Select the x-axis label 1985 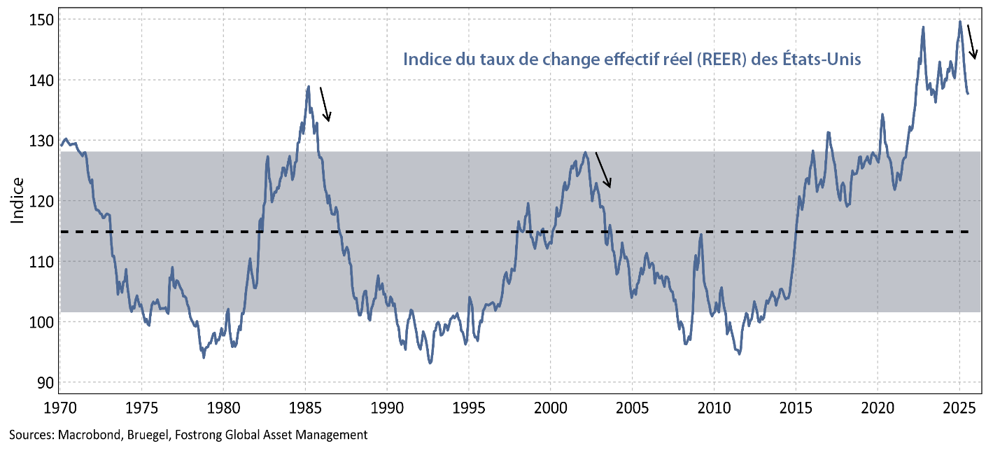(x=305, y=407)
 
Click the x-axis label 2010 (x=714, y=407)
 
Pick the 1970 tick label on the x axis (x=59, y=407)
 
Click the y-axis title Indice (x=17, y=201)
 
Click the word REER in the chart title (x=710, y=60)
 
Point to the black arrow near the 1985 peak (x=325, y=104)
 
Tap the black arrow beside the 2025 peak (x=972, y=42)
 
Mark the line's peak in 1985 (x=308, y=87)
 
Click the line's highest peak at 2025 (x=959, y=21)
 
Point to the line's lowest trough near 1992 (x=430, y=363)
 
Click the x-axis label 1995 (x=469, y=407)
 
